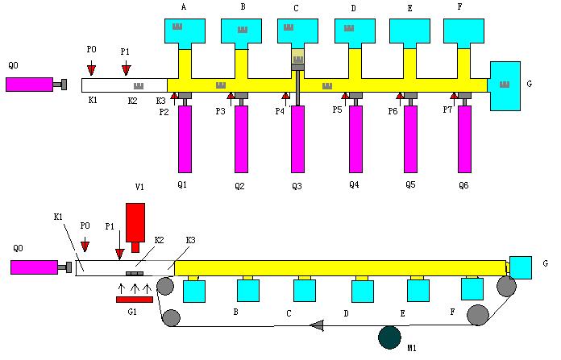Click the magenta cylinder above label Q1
tap(185, 139)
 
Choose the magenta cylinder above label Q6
tap(464, 139)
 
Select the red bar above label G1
tap(134, 300)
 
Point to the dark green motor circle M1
tap(390, 336)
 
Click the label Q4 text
tap(354, 184)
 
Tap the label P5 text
tap(337, 110)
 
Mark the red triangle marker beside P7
tap(454, 97)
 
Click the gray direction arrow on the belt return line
tap(317, 325)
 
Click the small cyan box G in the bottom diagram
tap(521, 267)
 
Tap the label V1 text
tap(139, 187)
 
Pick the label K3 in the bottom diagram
tap(191, 240)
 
